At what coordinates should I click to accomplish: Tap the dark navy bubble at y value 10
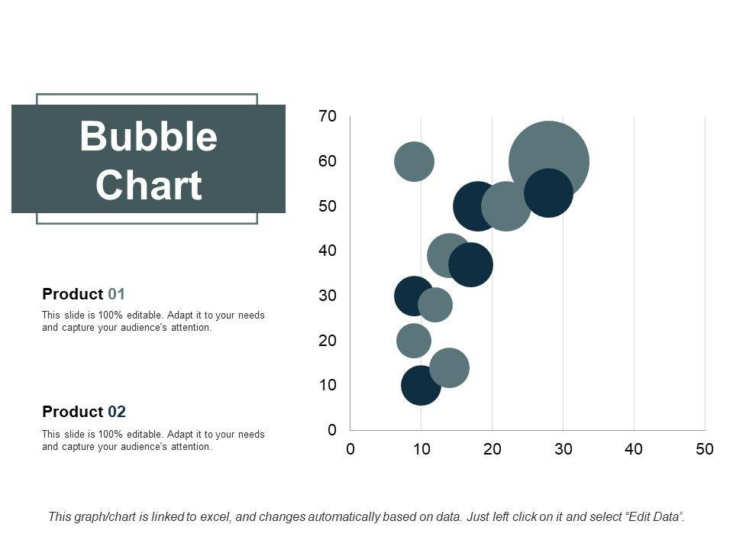[421, 385]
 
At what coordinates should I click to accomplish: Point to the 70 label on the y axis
[328, 117]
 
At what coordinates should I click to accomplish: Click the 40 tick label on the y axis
[328, 251]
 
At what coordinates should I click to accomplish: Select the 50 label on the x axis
[704, 450]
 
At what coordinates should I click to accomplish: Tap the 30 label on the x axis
[563, 450]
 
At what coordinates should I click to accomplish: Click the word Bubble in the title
[148, 137]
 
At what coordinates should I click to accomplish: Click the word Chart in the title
[148, 186]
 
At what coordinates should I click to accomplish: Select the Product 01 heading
[84, 294]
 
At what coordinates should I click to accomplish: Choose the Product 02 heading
[84, 412]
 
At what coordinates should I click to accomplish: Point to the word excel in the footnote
[215, 517]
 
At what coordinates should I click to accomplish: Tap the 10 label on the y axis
[328, 385]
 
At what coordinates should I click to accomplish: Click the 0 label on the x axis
[350, 450]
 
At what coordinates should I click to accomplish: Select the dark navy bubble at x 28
[548, 193]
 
